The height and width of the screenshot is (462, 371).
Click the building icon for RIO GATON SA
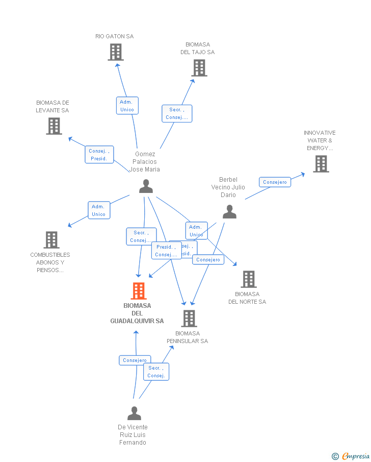click(x=116, y=52)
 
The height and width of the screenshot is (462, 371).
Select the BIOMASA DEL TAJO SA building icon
click(x=199, y=68)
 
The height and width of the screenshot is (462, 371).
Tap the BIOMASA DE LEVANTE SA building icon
click(x=54, y=126)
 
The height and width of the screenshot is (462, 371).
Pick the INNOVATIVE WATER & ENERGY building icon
click(x=321, y=164)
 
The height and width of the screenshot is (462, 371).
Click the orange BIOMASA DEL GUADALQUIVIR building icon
click(x=139, y=291)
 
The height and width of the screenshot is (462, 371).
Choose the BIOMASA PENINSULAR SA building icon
click(x=189, y=319)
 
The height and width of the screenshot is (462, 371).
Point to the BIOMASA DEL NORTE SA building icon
click(x=249, y=279)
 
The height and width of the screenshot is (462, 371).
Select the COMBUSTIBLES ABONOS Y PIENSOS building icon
click(x=51, y=240)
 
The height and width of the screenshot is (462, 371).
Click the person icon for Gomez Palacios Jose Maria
click(x=146, y=186)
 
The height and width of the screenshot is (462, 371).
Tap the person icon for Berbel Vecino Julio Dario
click(x=230, y=211)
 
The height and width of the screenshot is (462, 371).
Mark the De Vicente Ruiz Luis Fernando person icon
click(x=134, y=413)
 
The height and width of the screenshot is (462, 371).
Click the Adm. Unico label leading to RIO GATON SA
click(x=127, y=106)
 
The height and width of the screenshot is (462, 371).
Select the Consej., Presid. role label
click(x=99, y=155)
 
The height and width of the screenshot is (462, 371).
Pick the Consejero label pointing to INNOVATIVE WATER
click(x=275, y=182)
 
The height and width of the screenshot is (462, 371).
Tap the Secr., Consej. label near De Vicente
click(x=156, y=372)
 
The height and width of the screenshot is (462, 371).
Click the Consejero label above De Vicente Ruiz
click(x=135, y=360)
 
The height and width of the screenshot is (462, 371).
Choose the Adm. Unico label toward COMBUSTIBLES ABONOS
click(x=98, y=210)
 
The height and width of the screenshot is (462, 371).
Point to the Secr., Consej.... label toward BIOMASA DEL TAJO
click(x=177, y=114)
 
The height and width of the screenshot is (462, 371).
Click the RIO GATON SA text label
click(x=114, y=36)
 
